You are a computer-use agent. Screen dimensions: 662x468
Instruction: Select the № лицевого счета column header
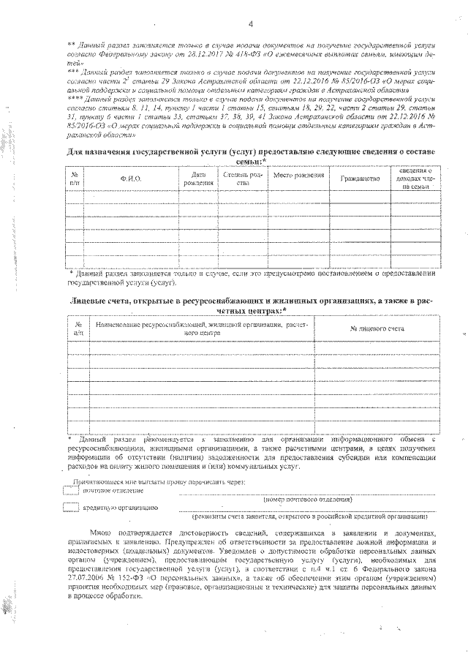tap(377, 329)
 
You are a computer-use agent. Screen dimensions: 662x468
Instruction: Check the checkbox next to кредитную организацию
tap(71, 506)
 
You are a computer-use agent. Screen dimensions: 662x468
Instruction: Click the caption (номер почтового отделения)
tap(307, 499)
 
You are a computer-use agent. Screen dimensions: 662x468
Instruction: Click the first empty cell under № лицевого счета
tap(377, 346)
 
